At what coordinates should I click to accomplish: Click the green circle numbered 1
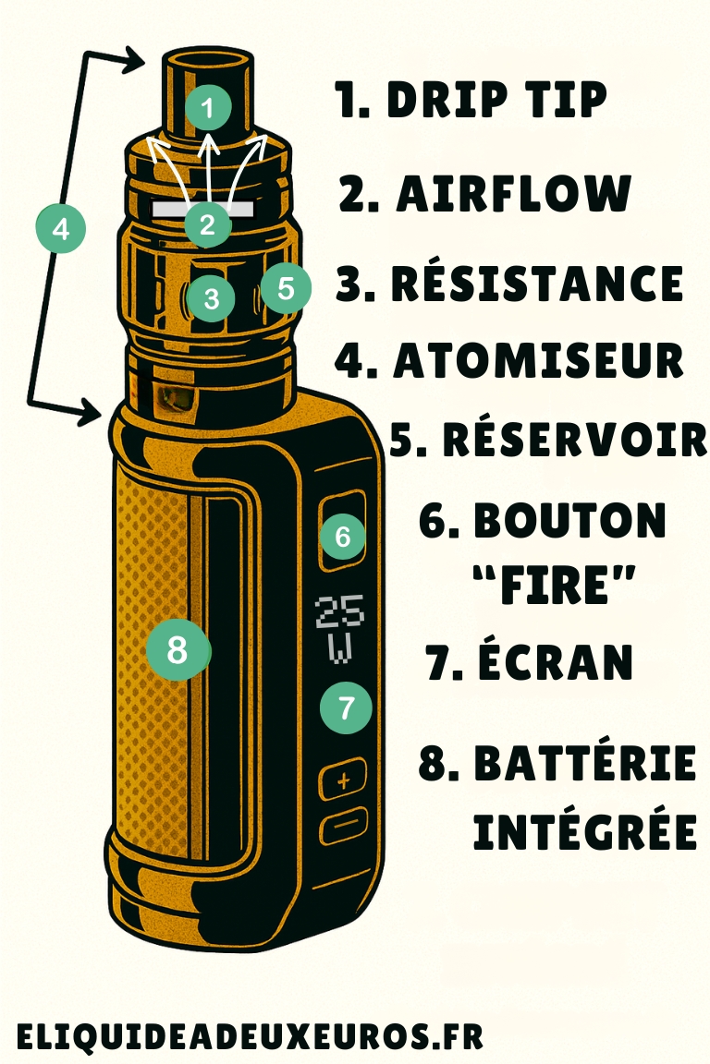click(209, 109)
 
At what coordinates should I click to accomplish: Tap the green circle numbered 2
click(207, 224)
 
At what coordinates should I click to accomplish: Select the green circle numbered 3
click(212, 298)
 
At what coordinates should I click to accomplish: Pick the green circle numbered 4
click(61, 228)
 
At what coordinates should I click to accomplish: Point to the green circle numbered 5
click(285, 288)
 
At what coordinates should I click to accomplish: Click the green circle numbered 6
click(343, 537)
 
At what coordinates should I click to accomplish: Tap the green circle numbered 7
click(346, 708)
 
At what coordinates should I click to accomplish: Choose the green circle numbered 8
click(178, 650)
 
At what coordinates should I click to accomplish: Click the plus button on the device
click(344, 781)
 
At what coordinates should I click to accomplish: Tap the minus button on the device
click(343, 824)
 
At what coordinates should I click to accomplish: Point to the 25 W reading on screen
click(340, 629)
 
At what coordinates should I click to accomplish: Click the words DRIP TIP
click(496, 101)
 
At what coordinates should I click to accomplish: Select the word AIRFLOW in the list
click(513, 195)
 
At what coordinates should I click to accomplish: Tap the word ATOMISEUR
click(538, 360)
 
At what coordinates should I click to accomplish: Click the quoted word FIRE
click(554, 586)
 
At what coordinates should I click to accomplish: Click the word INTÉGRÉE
click(584, 830)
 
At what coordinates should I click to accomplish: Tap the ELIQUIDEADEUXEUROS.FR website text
click(250, 1036)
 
